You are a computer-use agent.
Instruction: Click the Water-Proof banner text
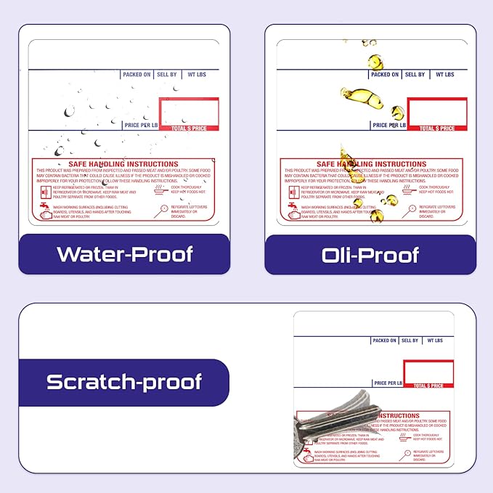125,254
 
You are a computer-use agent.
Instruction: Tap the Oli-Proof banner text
370,255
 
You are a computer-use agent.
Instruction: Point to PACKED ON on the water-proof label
137,74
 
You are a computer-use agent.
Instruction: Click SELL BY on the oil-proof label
415,74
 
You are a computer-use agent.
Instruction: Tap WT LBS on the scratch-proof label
435,340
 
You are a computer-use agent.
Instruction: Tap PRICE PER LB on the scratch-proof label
388,383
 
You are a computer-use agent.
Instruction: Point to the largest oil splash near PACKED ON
362,97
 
